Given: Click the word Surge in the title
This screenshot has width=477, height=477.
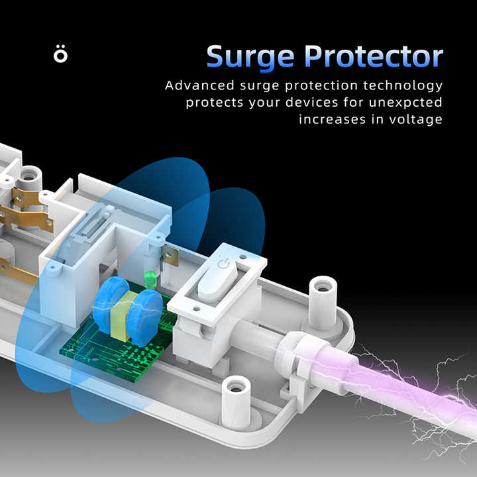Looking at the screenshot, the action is (x=250, y=58).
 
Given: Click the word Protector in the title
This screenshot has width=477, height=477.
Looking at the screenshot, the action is (x=374, y=56).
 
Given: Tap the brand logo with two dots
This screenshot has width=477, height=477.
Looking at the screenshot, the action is (x=60, y=54).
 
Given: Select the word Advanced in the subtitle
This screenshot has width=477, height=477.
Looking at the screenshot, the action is (x=199, y=85).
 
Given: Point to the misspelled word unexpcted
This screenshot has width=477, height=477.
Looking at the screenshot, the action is (x=405, y=103).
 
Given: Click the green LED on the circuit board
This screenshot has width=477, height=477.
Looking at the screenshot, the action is (x=150, y=280).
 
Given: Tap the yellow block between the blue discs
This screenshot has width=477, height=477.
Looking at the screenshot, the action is (x=123, y=316).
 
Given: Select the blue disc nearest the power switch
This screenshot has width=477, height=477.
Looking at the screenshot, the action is (x=144, y=317).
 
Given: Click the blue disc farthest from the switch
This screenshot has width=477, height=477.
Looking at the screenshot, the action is (x=110, y=304).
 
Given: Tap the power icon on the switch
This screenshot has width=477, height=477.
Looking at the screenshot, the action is (x=224, y=265).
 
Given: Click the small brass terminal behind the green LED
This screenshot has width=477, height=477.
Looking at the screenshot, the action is (x=171, y=256).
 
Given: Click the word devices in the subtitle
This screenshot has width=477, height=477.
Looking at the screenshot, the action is (x=312, y=103).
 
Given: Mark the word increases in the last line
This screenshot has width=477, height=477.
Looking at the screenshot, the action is (x=333, y=119).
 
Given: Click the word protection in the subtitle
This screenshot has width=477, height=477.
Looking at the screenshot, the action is (x=321, y=85).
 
